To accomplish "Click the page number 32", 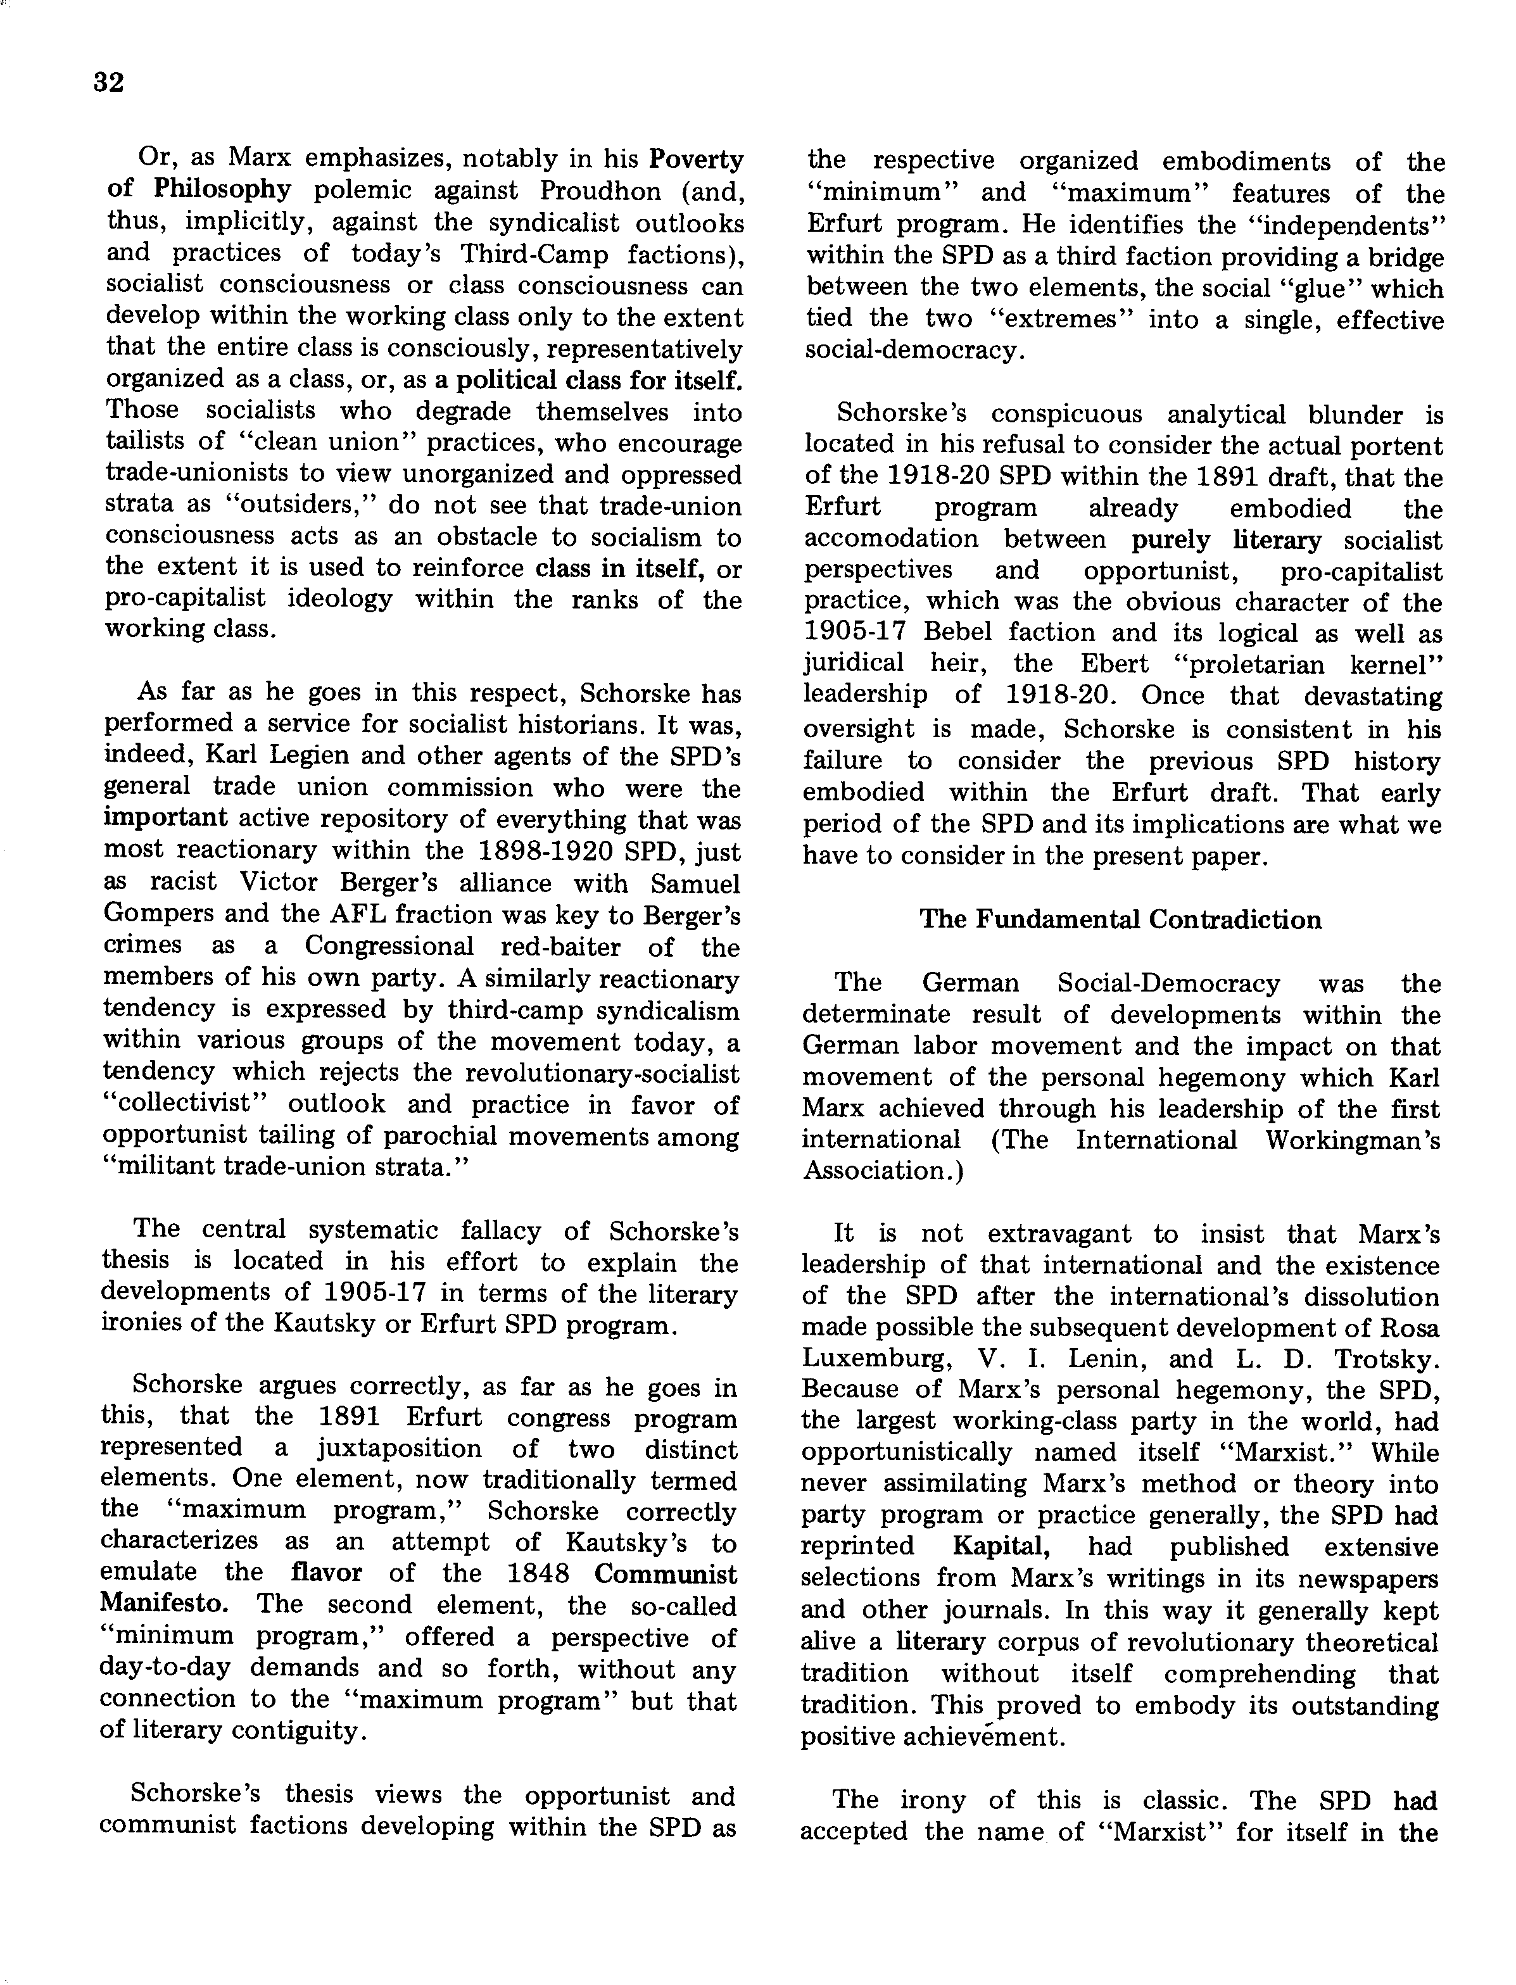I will coord(108,83).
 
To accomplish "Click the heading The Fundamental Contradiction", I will coord(1120,919).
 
